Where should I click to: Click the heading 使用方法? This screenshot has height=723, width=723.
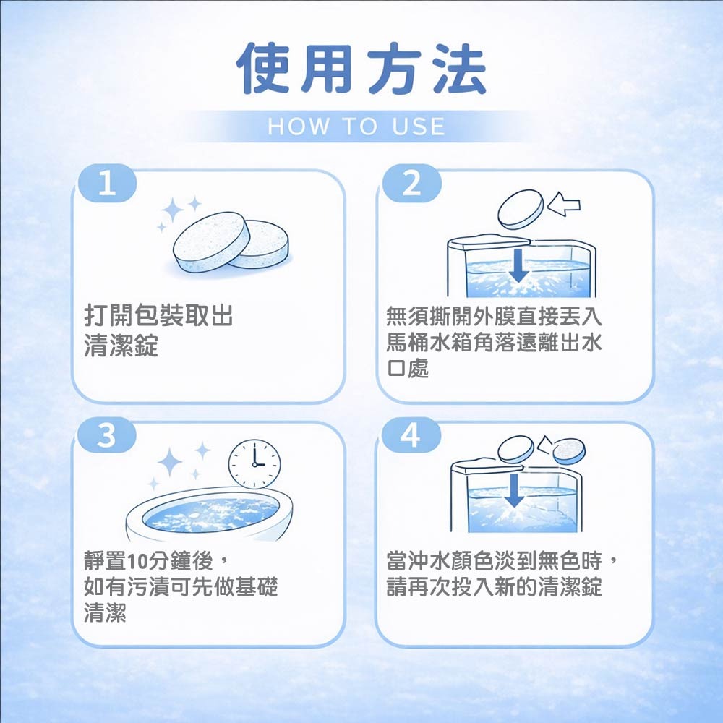[361, 69]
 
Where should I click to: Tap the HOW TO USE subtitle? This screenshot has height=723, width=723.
[356, 127]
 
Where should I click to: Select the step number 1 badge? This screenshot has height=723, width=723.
[108, 184]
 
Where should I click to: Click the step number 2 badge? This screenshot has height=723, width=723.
[412, 184]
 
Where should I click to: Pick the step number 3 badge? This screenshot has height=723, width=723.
[106, 435]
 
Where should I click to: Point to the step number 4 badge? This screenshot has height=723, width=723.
[411, 435]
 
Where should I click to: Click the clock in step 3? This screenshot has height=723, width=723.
[254, 464]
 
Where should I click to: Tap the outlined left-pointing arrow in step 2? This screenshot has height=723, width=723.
[563, 204]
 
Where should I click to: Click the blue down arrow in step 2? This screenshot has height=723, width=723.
[518, 265]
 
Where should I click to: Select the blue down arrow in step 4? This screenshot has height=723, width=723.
[515, 491]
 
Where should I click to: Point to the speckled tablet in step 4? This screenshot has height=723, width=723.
[569, 451]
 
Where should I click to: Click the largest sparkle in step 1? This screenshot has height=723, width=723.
[173, 210]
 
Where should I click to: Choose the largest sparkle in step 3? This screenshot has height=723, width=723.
[170, 462]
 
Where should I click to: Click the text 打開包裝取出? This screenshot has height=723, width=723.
[158, 316]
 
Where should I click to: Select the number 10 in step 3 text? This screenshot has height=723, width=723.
[137, 561]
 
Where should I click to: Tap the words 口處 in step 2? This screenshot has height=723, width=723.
[408, 369]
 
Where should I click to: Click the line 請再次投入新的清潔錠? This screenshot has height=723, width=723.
[495, 587]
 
